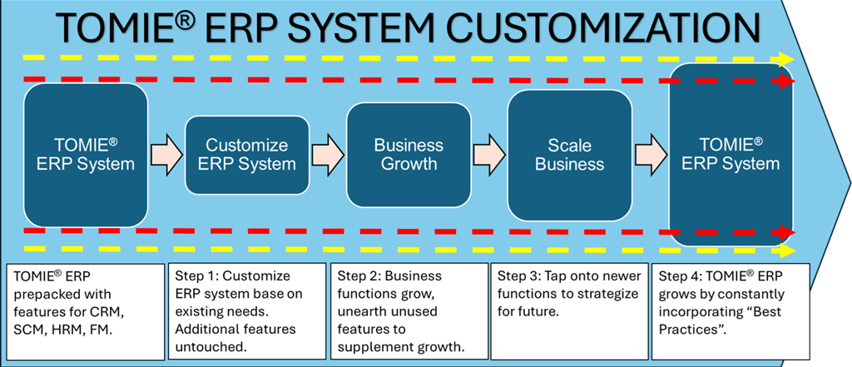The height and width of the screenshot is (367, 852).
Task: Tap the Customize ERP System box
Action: [x=247, y=156]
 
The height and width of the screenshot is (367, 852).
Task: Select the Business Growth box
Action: [x=409, y=155]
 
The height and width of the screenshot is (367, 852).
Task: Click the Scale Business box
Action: [x=569, y=156]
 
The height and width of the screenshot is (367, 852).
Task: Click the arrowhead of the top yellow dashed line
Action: [x=787, y=59]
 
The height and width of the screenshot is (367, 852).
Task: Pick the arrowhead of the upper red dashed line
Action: [x=787, y=82]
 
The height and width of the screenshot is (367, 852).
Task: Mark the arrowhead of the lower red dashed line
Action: [x=787, y=232]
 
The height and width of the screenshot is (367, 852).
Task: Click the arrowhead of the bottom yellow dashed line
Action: [x=787, y=250]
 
